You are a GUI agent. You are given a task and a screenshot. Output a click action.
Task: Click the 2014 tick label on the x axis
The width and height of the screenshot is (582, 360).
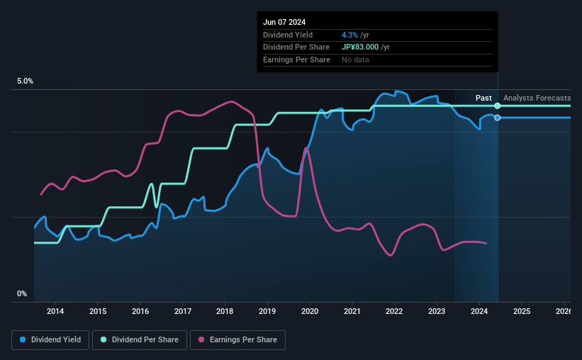click(55, 310)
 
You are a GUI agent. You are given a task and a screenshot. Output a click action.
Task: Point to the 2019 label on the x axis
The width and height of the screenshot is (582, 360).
click(267, 310)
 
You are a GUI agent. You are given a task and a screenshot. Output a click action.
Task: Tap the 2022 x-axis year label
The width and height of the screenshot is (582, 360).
click(394, 310)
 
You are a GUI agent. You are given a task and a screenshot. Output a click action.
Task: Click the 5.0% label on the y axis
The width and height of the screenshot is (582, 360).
click(26, 81)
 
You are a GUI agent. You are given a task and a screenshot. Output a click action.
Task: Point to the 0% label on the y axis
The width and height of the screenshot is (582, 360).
click(22, 293)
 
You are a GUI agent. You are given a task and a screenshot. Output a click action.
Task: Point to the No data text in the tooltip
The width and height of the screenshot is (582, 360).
click(355, 60)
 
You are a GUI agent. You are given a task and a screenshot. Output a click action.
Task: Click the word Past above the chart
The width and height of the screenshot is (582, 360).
click(483, 98)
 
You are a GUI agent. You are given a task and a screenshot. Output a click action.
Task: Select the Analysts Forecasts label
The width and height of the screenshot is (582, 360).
click(537, 98)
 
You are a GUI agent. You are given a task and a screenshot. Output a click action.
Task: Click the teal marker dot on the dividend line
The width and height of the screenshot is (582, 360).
click(498, 106)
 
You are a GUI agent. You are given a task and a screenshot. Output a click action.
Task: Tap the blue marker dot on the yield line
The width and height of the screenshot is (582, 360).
click(498, 118)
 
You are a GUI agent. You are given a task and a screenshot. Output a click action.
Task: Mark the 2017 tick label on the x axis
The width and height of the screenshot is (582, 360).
click(182, 310)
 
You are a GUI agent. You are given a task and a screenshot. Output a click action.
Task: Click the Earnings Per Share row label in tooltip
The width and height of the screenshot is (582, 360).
click(296, 60)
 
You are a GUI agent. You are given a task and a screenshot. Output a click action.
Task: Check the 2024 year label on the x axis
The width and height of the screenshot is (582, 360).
click(479, 310)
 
